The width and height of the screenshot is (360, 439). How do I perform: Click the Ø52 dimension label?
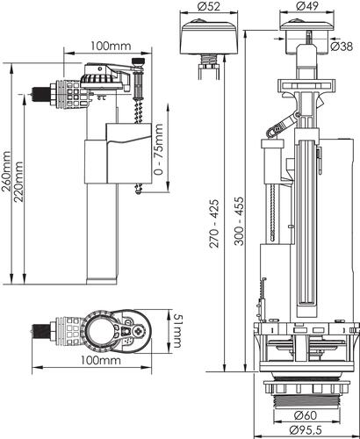(x=208, y=6)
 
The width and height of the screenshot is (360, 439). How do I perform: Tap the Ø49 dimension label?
(x=306, y=6)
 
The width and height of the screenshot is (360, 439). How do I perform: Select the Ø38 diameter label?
(x=342, y=47)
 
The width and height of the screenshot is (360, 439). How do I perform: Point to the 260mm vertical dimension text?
(x=6, y=171)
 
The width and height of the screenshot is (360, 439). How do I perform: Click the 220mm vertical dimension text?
(x=18, y=182)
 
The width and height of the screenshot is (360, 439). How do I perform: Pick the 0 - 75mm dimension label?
(x=158, y=149)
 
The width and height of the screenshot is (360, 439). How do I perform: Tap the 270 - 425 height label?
(x=214, y=224)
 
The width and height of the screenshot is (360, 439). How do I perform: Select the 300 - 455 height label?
(x=239, y=221)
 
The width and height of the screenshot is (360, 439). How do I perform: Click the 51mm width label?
(x=177, y=331)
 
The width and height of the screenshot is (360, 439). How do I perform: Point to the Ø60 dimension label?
(x=306, y=415)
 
